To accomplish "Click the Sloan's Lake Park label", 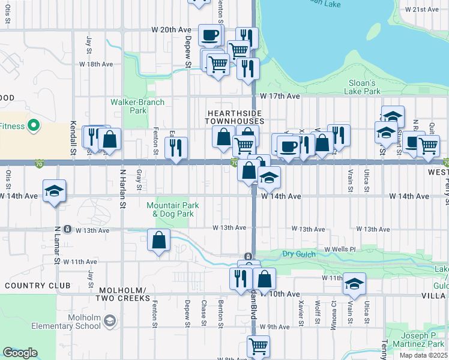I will [x=362, y=87].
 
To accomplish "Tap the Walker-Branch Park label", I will [x=137, y=106].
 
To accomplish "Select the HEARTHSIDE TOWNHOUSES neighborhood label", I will [x=235, y=116].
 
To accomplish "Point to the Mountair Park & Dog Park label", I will [x=173, y=209].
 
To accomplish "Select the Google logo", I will [x=20, y=353].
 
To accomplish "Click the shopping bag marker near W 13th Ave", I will [x=158, y=241].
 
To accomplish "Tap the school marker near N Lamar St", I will [x=55, y=191].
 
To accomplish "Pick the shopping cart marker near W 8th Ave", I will [x=258, y=346].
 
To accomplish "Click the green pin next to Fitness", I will [x=34, y=126].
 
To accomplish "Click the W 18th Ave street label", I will [x=96, y=64].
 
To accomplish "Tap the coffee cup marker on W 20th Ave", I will [x=209, y=35].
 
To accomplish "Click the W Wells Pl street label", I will [x=340, y=249].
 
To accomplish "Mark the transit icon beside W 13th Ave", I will [x=68, y=229].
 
